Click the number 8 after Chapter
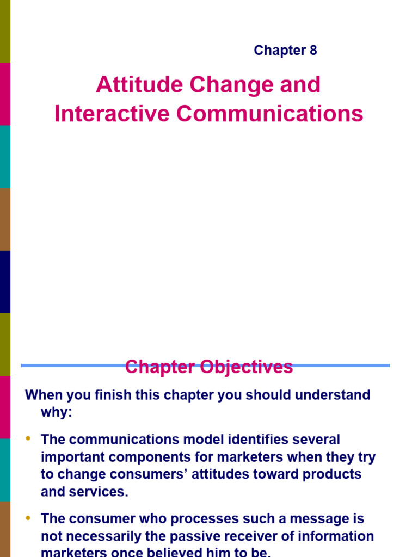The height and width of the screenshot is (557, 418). [x=313, y=51]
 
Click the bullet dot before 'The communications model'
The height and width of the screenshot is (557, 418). [x=28, y=438]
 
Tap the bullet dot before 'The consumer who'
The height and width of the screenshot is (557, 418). [x=28, y=518]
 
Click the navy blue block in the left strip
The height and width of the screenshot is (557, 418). [x=5, y=282]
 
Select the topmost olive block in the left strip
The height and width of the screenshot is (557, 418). [x=5, y=31]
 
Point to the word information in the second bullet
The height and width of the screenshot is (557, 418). [x=336, y=536]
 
